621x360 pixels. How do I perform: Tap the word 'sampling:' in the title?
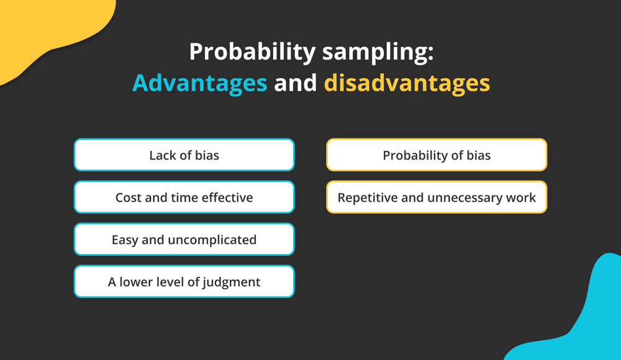tap(378, 52)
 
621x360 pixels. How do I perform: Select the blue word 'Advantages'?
tap(199, 83)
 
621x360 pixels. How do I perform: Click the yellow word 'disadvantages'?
tap(407, 83)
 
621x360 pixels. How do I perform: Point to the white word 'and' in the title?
tap(296, 83)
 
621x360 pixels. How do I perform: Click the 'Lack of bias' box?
tap(184, 155)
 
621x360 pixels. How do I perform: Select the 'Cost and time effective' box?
tap(184, 197)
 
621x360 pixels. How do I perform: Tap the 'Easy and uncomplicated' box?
tap(184, 240)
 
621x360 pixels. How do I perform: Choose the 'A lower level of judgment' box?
tap(184, 282)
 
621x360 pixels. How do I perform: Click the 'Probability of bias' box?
tap(437, 155)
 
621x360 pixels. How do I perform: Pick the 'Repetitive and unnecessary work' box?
tap(437, 197)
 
